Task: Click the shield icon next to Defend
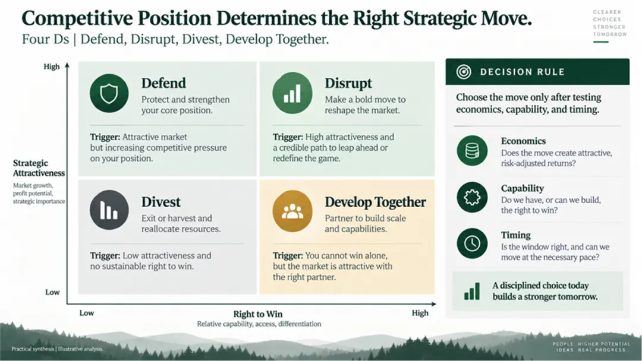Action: coord(109,93)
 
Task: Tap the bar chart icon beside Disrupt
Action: coord(292,93)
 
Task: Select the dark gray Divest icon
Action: coord(109,210)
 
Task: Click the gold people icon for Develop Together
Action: coord(292,211)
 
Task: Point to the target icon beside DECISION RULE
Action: coord(464,72)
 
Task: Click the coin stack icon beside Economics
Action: coord(472,150)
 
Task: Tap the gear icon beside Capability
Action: coord(472,198)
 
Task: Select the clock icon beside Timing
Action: coord(472,243)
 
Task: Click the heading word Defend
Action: coord(163,83)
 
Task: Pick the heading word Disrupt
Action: coord(348,83)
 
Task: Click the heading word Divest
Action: coord(161,202)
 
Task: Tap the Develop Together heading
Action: coord(375,202)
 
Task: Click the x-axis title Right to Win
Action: coord(257,314)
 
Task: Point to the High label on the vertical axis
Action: coord(52,66)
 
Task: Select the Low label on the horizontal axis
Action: coord(86,313)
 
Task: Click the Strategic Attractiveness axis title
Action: coord(39,168)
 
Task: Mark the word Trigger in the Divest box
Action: coord(105,256)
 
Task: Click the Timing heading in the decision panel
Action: coord(515,235)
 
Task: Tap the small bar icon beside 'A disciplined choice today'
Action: coord(471,291)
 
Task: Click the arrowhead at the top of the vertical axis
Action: coord(67,65)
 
